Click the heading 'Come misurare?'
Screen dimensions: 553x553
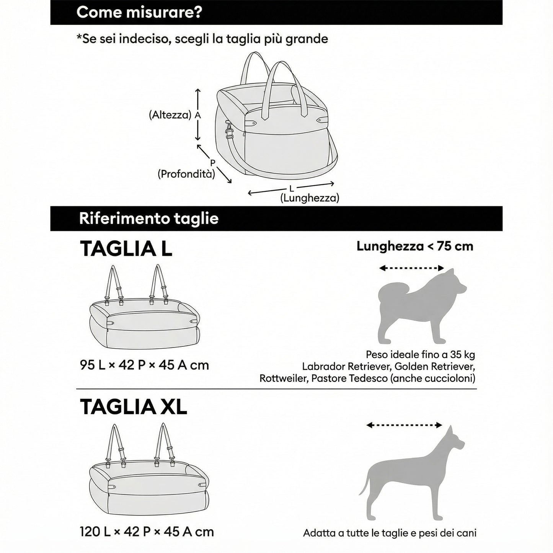point(139,12)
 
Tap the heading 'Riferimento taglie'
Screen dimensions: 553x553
point(148,219)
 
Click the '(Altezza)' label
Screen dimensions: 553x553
point(170,115)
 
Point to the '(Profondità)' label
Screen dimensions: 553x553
point(186,174)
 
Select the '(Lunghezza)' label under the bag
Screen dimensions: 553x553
point(310,198)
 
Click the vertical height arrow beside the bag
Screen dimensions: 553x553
point(197,115)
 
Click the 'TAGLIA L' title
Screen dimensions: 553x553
point(126,249)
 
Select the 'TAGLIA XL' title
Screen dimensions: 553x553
point(133,407)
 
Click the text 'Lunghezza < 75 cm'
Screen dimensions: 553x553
point(415,246)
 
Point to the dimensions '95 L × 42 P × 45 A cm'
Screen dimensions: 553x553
point(144,365)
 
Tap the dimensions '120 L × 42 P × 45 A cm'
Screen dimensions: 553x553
point(147,532)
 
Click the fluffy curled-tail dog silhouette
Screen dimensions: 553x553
point(421,306)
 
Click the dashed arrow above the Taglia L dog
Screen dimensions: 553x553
point(411,268)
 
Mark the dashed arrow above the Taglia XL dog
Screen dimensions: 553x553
point(404,425)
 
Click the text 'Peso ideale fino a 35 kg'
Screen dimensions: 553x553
point(420,354)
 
